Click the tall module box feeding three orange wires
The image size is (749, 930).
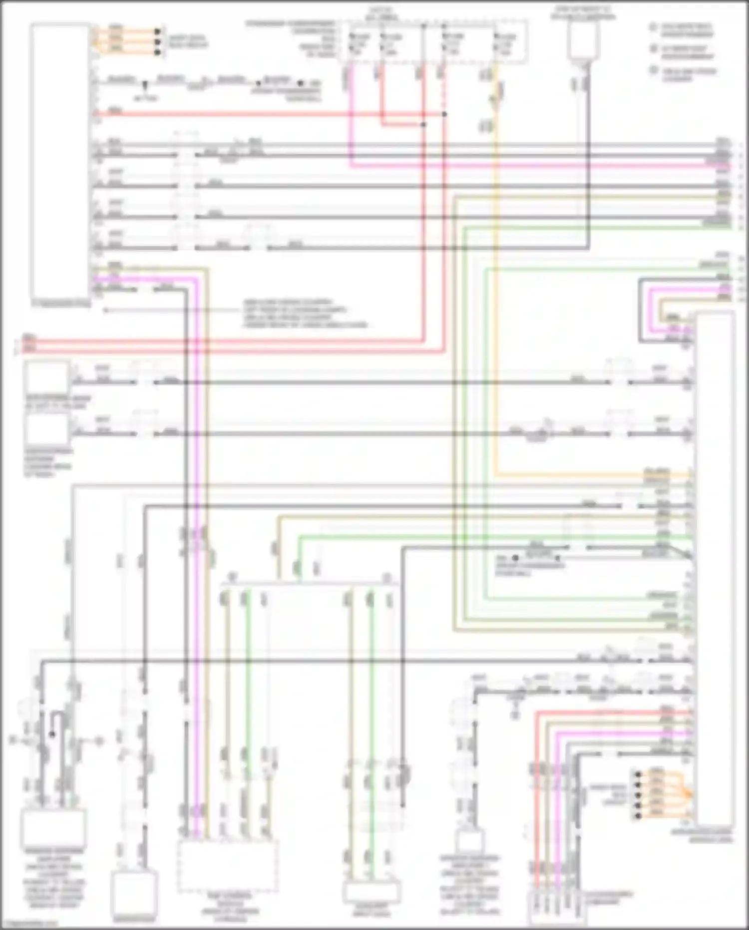pyautogui.click(x=60, y=160)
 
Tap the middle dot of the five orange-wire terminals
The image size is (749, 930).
pyautogui.click(x=638, y=795)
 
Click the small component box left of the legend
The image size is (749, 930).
pyautogui.click(x=583, y=39)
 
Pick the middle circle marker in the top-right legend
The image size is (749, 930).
pyautogui.click(x=654, y=48)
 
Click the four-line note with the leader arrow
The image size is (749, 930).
pyautogui.click(x=305, y=314)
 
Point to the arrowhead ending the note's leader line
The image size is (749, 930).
pyautogui.click(x=105, y=310)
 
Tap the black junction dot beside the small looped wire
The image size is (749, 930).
pyautogui.click(x=52, y=734)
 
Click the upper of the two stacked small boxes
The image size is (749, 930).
pyautogui.click(x=47, y=377)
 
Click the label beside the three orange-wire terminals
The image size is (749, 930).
pyautogui.click(x=188, y=41)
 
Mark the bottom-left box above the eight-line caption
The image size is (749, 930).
pyautogui.click(x=53, y=829)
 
